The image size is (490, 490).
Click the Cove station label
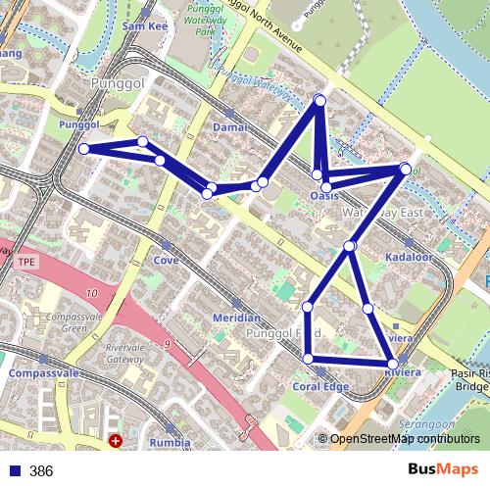point(165,261)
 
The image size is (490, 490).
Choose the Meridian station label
point(236,318)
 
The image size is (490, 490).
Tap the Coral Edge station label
point(320,386)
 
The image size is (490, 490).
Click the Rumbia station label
point(171,442)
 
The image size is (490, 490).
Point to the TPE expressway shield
point(24,263)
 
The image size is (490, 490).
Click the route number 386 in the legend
point(41,471)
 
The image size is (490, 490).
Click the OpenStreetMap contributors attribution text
point(404,439)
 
